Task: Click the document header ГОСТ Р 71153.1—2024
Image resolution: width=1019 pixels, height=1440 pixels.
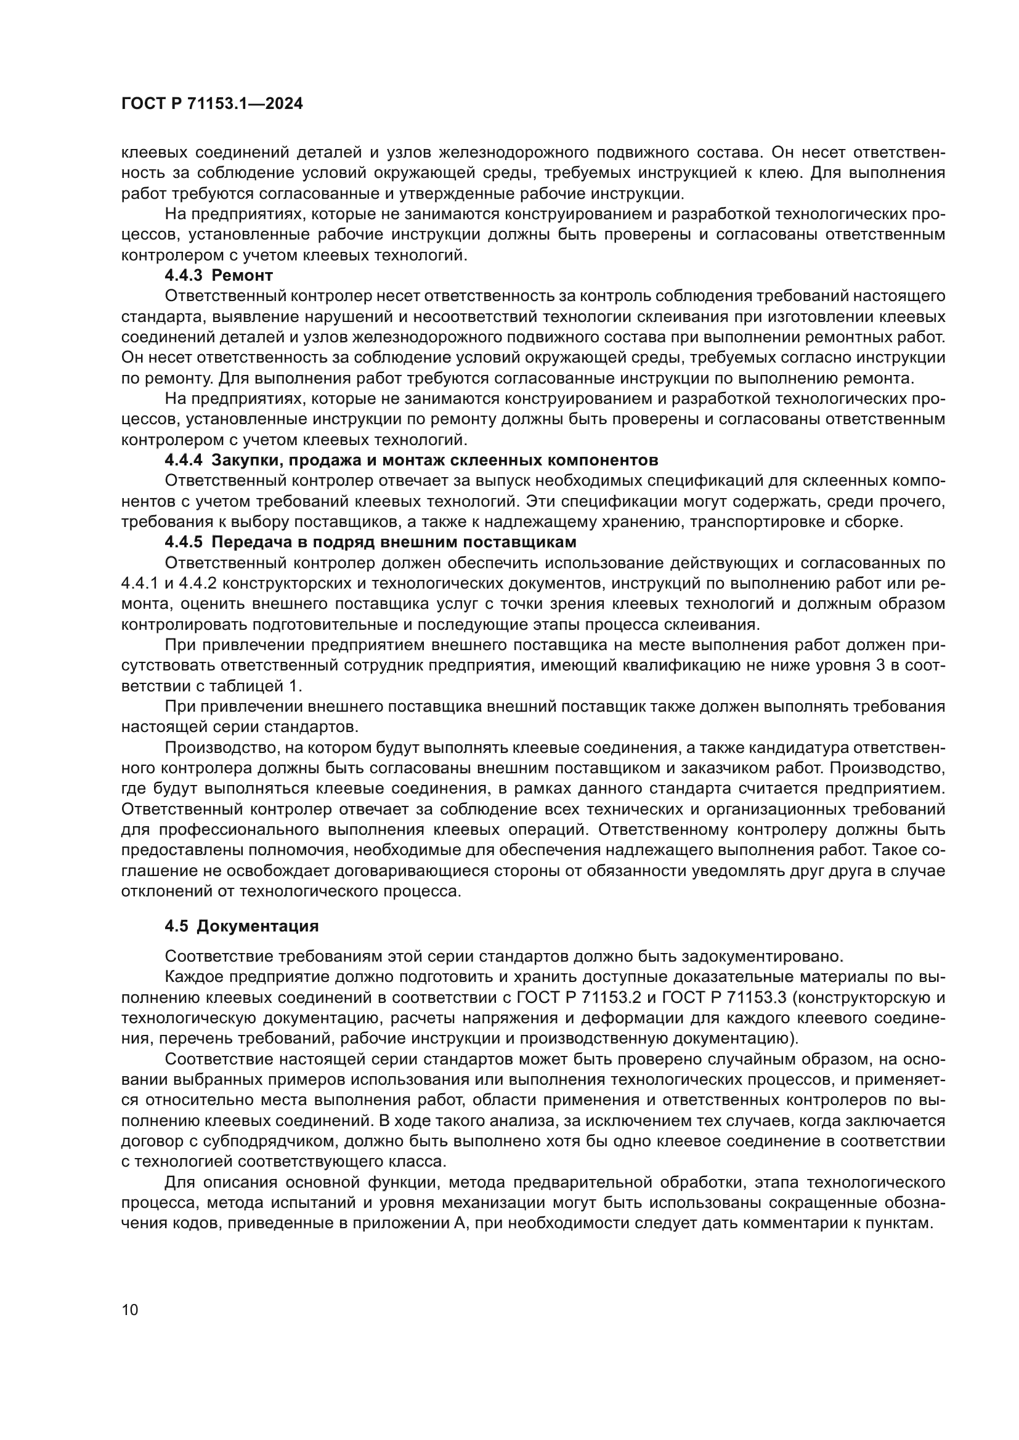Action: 211,104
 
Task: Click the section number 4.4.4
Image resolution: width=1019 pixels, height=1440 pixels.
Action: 183,460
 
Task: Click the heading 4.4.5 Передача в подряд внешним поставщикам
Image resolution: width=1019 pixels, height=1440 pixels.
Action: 370,541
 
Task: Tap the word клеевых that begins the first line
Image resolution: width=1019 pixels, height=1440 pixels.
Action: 154,152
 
